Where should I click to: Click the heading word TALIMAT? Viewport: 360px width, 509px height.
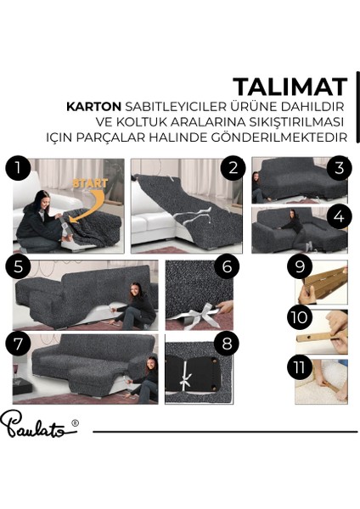point(290,87)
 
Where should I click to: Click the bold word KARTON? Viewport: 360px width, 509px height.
point(93,107)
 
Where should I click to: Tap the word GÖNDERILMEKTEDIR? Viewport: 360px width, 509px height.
point(279,137)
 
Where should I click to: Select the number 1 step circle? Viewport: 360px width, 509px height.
point(18,169)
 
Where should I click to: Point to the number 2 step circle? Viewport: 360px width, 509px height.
point(233,169)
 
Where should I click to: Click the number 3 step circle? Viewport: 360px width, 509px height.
point(339,169)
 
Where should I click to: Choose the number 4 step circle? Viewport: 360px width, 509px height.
point(339,216)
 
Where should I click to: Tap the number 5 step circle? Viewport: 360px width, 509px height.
point(18,267)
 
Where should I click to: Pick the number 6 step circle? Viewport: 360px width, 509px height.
point(227,266)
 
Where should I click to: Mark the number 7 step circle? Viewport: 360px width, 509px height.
point(18,344)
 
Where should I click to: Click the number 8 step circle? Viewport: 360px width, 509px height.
point(227,344)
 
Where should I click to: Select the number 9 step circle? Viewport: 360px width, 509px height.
point(300,266)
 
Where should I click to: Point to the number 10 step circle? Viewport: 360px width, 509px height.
point(300,317)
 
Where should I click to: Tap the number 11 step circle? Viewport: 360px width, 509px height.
point(300,368)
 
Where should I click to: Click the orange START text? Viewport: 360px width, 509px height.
point(90,183)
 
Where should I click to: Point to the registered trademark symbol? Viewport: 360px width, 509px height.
point(75,422)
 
